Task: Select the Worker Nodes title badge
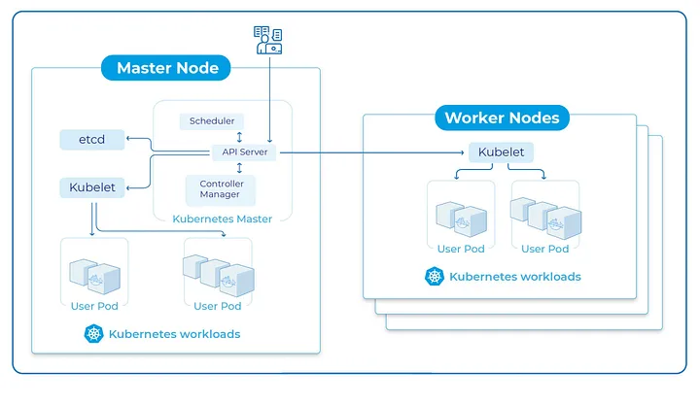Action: click(502, 118)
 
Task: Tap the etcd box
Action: click(91, 140)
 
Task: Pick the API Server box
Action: click(244, 151)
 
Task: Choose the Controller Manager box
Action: click(222, 188)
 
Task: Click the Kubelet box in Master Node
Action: click(92, 186)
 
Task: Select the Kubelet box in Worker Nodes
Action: click(501, 152)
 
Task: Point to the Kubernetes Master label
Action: click(222, 219)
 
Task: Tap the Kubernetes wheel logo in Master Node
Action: click(94, 334)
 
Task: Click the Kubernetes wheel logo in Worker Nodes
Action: click(434, 277)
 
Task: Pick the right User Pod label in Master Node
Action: click(217, 306)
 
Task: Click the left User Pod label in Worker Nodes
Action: click(461, 249)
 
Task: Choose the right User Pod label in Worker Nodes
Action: click(544, 249)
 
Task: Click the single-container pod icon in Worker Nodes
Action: click(461, 218)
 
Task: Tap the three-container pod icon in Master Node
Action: click(217, 274)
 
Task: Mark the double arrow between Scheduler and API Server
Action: click(239, 137)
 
